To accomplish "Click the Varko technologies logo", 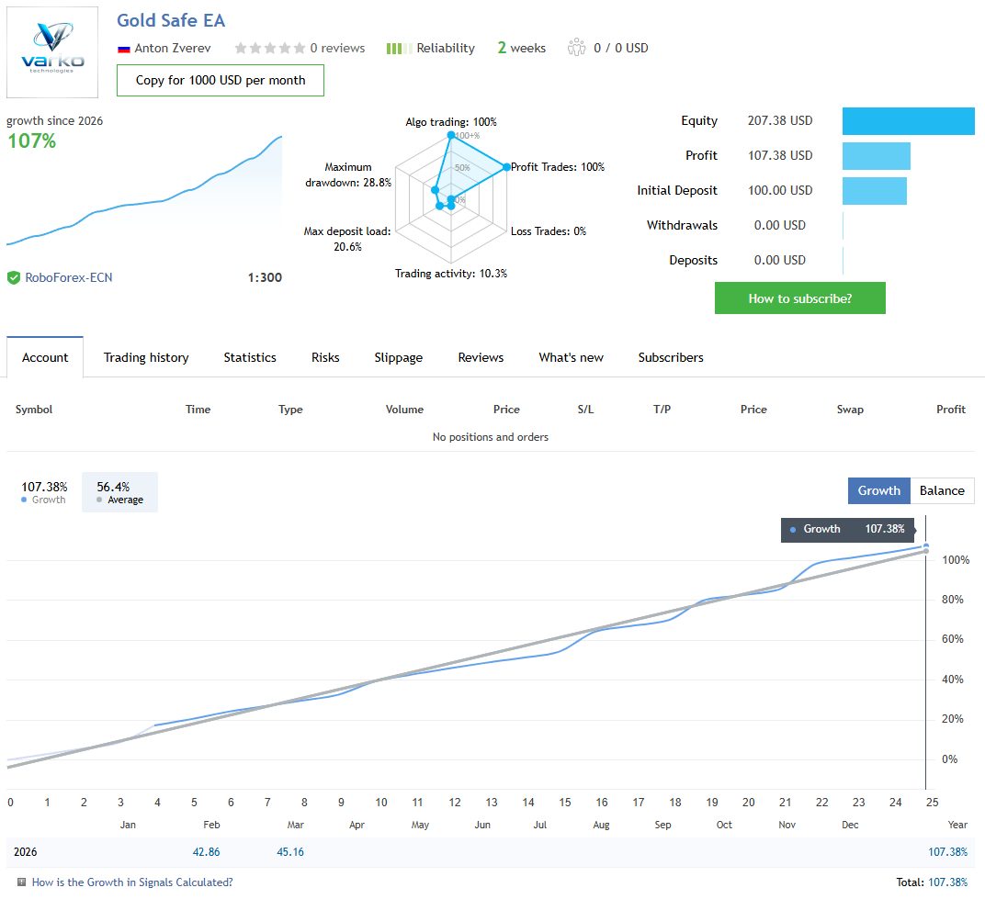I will [52, 52].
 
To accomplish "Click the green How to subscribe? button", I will [799, 298].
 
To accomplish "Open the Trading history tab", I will [146, 357].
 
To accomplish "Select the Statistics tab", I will [250, 357].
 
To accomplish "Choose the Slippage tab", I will [399, 357].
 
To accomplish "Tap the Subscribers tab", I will [671, 357].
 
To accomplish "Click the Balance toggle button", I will [942, 490].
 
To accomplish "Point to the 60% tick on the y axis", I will [952, 640].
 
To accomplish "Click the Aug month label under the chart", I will [601, 825].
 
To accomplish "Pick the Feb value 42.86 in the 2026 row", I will [207, 852].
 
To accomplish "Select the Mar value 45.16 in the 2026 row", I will [290, 852].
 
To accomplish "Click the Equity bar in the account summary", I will [908, 121].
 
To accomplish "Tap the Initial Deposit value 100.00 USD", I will [780, 190].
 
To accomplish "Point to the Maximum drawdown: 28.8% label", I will [348, 174].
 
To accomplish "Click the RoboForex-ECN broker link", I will [69, 277].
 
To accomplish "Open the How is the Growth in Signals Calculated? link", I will [132, 882].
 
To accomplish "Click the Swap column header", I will [850, 410].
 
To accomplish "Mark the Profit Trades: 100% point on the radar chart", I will [505, 167].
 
